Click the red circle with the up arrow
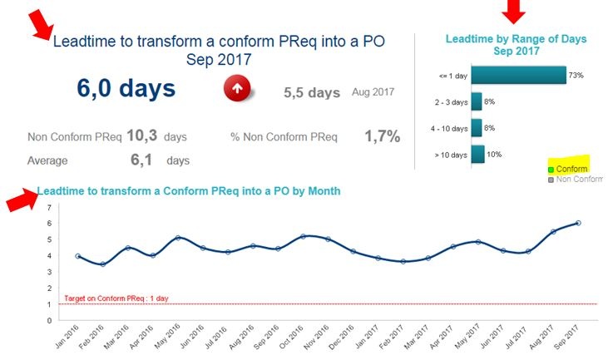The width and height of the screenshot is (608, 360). click(x=237, y=88)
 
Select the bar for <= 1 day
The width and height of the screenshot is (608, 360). click(x=519, y=75)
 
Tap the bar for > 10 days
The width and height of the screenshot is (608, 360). click(x=478, y=155)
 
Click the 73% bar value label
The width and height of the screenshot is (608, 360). click(x=576, y=75)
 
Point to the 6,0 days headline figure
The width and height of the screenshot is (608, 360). click(x=126, y=88)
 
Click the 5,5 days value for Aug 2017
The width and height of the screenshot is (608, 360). click(x=312, y=92)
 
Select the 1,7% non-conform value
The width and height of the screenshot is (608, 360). click(x=383, y=136)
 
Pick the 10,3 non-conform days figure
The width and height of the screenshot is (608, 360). click(x=142, y=136)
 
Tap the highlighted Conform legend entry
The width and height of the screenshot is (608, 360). click(x=568, y=169)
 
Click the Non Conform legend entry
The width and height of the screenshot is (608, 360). click(x=576, y=180)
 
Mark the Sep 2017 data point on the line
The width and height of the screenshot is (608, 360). click(x=578, y=223)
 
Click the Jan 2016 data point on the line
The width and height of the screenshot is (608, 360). click(x=78, y=256)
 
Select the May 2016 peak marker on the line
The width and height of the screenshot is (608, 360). click(x=178, y=238)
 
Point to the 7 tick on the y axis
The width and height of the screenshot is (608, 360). click(x=49, y=207)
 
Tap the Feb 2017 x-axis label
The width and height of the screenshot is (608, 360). click(x=392, y=337)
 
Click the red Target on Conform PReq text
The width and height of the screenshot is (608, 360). click(x=116, y=298)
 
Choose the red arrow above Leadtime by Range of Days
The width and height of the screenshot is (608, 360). click(x=513, y=11)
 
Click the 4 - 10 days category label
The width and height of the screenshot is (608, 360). click(x=449, y=129)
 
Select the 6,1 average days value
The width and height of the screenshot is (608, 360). click(x=141, y=160)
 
